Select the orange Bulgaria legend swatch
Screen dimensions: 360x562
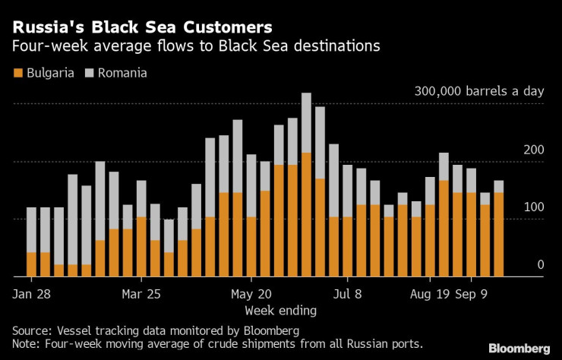pyautogui.click(x=17, y=74)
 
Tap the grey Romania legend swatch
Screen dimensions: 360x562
pyautogui.click(x=88, y=74)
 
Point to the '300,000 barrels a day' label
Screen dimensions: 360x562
pyautogui.click(x=479, y=91)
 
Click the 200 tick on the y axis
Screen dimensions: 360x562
pyautogui.click(x=534, y=149)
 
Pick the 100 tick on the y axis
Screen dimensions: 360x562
pyautogui.click(x=534, y=207)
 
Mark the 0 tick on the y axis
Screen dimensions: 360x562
pyautogui.click(x=541, y=264)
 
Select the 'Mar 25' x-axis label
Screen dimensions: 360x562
pyautogui.click(x=141, y=294)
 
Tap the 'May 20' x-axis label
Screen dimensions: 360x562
pyautogui.click(x=251, y=294)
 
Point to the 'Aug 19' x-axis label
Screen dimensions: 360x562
pyautogui.click(x=431, y=294)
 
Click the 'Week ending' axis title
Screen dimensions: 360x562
pyautogui.click(x=281, y=311)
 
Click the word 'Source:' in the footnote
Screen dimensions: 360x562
pyautogui.click(x=33, y=330)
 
